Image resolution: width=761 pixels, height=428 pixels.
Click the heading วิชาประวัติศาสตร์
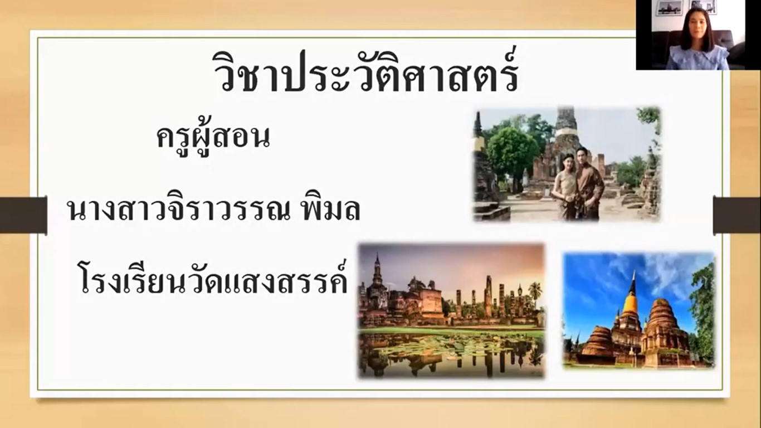[x=366, y=72]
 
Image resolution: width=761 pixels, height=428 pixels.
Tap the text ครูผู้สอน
[x=213, y=136]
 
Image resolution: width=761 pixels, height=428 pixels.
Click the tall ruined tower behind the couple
[x=567, y=136]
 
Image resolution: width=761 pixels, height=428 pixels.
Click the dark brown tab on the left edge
[x=23, y=215]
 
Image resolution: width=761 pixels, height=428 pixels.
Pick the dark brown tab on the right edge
[x=737, y=215]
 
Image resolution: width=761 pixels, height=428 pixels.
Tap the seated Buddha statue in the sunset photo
[x=520, y=291]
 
